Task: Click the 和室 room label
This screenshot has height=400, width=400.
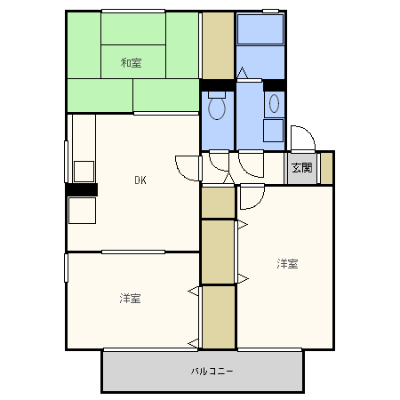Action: pyautogui.click(x=131, y=63)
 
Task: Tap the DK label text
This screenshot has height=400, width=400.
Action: pyautogui.click(x=140, y=180)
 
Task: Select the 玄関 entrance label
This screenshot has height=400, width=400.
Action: pyautogui.click(x=302, y=168)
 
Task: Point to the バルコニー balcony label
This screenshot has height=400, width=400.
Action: pyautogui.click(x=212, y=371)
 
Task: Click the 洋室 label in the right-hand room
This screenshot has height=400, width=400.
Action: pyautogui.click(x=287, y=263)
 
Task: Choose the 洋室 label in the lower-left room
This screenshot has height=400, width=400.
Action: pyautogui.click(x=130, y=298)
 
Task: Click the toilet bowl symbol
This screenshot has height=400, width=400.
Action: pyautogui.click(x=217, y=106)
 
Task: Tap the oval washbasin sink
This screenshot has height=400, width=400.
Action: pyautogui.click(x=274, y=103)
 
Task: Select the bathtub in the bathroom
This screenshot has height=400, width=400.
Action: pyautogui.click(x=260, y=29)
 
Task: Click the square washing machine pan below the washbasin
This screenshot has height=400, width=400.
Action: pyautogui.click(x=274, y=131)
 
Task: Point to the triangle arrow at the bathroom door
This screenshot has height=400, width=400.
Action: pyautogui.click(x=242, y=73)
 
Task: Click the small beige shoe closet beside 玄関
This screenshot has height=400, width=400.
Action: pyautogui.click(x=326, y=168)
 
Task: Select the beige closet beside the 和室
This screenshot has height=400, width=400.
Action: pyautogui.click(x=218, y=45)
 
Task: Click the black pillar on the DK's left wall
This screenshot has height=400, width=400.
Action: pyautogui.click(x=82, y=189)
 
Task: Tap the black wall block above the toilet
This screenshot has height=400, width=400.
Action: pyautogui.click(x=218, y=85)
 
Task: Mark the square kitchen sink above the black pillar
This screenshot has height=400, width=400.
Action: pyautogui.click(x=84, y=172)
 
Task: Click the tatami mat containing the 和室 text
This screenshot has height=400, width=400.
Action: pyautogui.click(x=133, y=61)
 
